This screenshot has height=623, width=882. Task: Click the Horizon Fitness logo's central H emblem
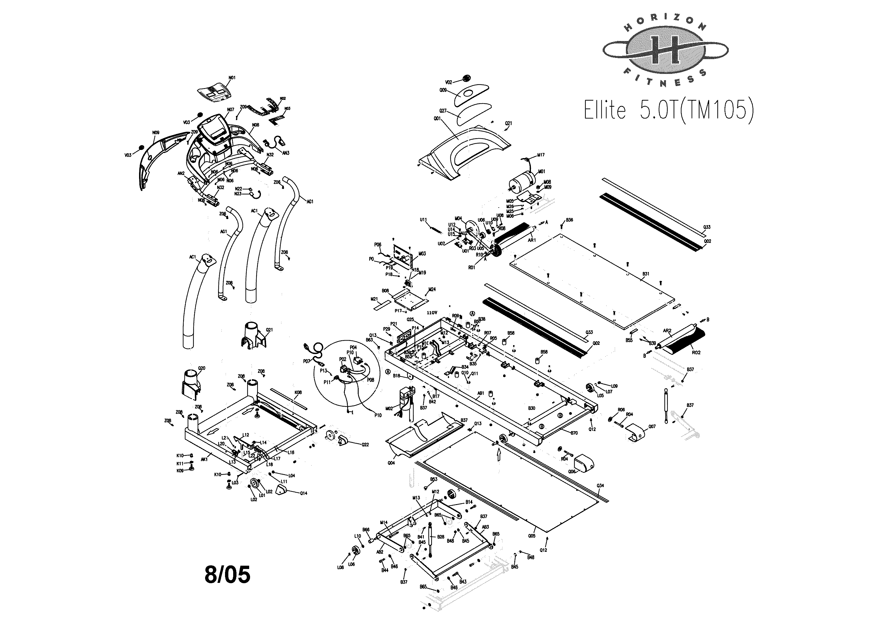pos(665,50)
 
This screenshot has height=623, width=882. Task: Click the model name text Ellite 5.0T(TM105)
pos(668,110)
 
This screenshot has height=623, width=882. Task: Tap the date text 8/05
pos(227,574)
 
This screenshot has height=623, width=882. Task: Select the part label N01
pos(232,78)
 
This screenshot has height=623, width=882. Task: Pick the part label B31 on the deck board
pos(646,274)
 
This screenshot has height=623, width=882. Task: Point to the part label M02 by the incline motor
pos(389,408)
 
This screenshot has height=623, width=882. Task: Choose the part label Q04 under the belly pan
pos(391,463)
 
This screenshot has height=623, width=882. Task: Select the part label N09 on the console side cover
pos(156,132)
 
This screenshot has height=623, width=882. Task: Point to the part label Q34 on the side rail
pos(600,486)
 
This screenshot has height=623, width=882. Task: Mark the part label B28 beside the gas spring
pos(441,537)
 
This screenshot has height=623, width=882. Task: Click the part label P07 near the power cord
pos(306,361)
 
